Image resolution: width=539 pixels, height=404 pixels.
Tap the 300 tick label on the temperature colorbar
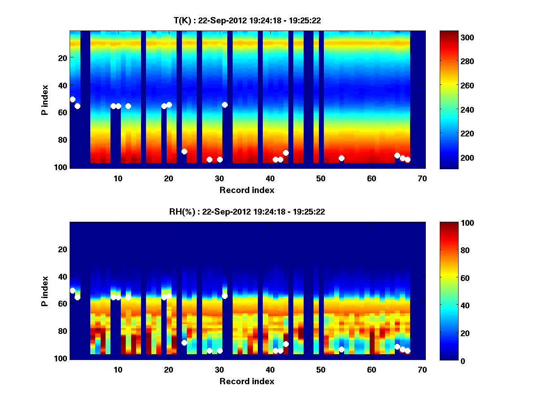(x=452, y=37)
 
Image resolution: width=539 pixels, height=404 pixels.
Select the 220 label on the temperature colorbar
(x=452, y=134)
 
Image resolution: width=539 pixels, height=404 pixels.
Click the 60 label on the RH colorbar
(x=451, y=278)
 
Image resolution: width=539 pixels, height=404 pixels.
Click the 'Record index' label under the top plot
(x=247, y=190)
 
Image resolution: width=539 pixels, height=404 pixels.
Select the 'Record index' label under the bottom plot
(x=247, y=381)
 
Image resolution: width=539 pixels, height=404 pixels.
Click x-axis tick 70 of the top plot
(x=422, y=179)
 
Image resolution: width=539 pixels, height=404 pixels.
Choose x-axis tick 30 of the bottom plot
(x=219, y=370)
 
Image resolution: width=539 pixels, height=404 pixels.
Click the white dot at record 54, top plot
(x=341, y=158)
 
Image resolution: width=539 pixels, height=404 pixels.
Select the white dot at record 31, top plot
(x=225, y=105)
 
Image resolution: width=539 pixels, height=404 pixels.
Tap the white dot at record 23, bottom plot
(x=184, y=343)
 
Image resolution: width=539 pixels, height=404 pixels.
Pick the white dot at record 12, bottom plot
(x=128, y=297)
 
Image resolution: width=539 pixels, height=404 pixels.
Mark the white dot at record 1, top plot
(x=73, y=99)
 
